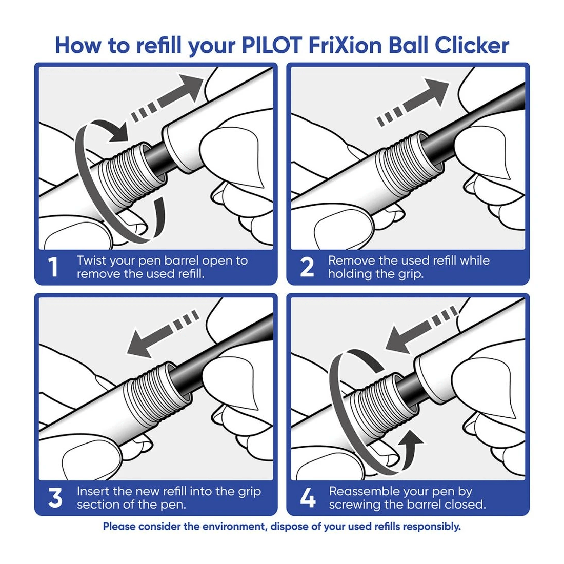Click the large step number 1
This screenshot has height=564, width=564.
pos(53,267)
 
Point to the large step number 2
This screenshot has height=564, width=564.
pos(307,267)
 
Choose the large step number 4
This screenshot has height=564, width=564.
pos(307,498)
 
